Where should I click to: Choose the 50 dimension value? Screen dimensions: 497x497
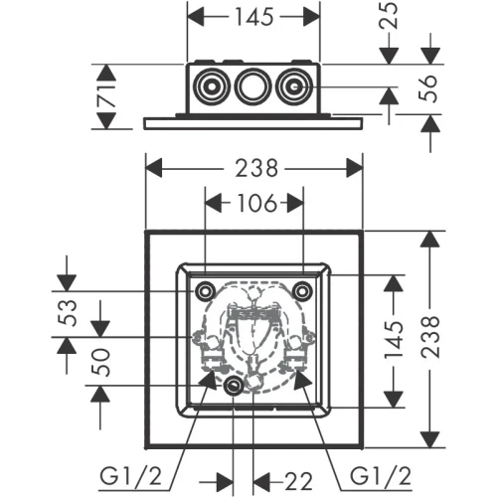(x=100, y=364)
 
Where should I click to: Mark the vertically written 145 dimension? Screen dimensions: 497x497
(x=396, y=341)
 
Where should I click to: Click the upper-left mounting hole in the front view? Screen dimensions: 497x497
(x=204, y=291)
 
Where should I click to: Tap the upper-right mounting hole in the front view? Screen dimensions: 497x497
(x=302, y=291)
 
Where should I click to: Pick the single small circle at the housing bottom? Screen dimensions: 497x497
(x=233, y=387)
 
